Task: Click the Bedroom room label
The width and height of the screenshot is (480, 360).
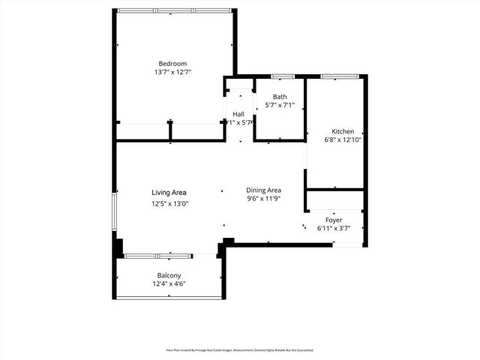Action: coord(172,63)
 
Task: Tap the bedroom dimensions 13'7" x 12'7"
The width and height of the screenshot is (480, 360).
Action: coord(172,73)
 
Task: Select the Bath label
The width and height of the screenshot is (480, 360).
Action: coord(280,96)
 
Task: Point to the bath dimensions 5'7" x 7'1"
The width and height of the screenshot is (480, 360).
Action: coord(280,106)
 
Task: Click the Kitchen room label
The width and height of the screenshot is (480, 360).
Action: coord(343,131)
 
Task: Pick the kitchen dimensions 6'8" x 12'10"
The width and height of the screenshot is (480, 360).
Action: coord(343,140)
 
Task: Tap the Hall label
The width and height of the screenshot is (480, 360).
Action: coord(238,114)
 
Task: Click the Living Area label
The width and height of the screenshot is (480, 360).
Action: coord(169,193)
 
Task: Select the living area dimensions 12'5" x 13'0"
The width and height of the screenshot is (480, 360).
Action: coord(169,203)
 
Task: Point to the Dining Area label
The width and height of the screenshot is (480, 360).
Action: coord(263,190)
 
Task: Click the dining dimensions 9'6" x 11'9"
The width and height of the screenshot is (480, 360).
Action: coord(263,199)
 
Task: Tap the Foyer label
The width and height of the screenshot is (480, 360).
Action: coord(334,220)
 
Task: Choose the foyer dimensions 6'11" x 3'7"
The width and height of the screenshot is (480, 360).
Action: coord(334,229)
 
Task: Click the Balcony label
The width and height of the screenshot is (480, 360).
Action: coord(169,275)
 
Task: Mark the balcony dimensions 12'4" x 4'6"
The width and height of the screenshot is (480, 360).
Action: coord(169,284)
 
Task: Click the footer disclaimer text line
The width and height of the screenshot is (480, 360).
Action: coord(240,350)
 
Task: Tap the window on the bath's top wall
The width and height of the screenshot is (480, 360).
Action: coord(282,76)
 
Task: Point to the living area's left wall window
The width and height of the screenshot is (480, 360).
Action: coord(115,213)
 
